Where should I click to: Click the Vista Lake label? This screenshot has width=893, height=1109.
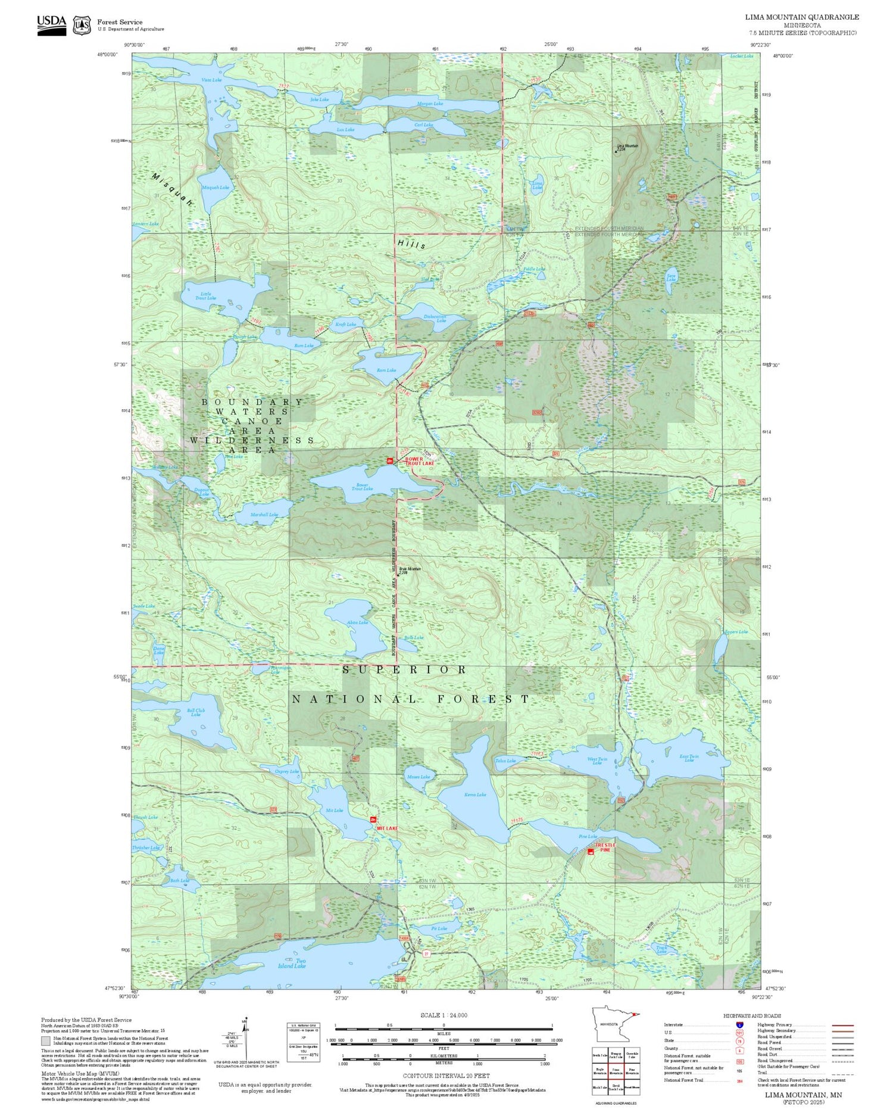coord(211,80)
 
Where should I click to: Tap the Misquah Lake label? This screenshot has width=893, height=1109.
coord(216,187)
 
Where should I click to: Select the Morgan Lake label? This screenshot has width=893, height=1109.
coord(430,104)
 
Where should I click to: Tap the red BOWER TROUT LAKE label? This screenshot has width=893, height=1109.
coord(420,461)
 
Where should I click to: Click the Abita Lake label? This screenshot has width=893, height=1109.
coord(357,622)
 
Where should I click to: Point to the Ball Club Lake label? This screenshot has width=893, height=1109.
coord(196,712)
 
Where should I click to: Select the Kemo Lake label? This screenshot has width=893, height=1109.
coord(475,795)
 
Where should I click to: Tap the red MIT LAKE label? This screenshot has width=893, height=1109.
coord(386,828)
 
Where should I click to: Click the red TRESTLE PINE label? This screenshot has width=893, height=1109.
coord(605,847)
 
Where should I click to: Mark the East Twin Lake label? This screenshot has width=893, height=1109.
coord(689,758)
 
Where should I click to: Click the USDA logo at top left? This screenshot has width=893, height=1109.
coord(52,24)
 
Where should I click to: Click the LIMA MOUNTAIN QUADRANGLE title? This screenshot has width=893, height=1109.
coord(801,17)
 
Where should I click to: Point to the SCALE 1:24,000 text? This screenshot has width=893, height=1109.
coord(444,1015)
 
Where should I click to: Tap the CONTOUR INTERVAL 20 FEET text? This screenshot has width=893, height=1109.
coord(446,1076)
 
